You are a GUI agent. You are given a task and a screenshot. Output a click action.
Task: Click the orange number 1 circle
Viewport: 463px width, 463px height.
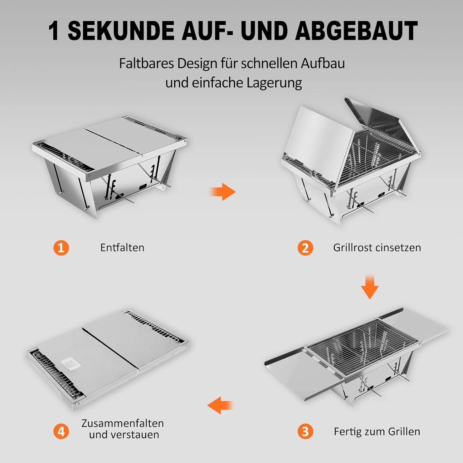coord(61,248)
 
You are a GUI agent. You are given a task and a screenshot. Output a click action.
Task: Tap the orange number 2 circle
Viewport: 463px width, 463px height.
coord(305,248)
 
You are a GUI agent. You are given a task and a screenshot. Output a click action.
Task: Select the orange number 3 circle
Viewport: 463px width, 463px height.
coord(305,431)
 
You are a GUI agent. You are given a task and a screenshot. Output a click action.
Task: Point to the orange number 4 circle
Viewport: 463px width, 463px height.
coord(61,431)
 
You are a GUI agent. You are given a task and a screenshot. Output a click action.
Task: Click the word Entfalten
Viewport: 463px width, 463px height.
coord(122,248)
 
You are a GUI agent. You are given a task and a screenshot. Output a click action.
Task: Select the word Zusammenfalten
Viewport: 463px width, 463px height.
coord(123,423)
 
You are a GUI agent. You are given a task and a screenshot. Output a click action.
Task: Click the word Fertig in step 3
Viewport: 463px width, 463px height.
coord(348,432)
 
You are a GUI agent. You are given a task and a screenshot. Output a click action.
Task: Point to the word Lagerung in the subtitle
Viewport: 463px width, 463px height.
coord(274,83)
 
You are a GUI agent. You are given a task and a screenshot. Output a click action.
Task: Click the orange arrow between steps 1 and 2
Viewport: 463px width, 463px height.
coord(223,192)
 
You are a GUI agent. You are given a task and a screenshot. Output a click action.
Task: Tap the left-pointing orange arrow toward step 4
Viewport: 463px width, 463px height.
coord(220,405)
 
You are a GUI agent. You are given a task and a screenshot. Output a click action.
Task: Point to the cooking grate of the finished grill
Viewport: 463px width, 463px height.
coord(362,345)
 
